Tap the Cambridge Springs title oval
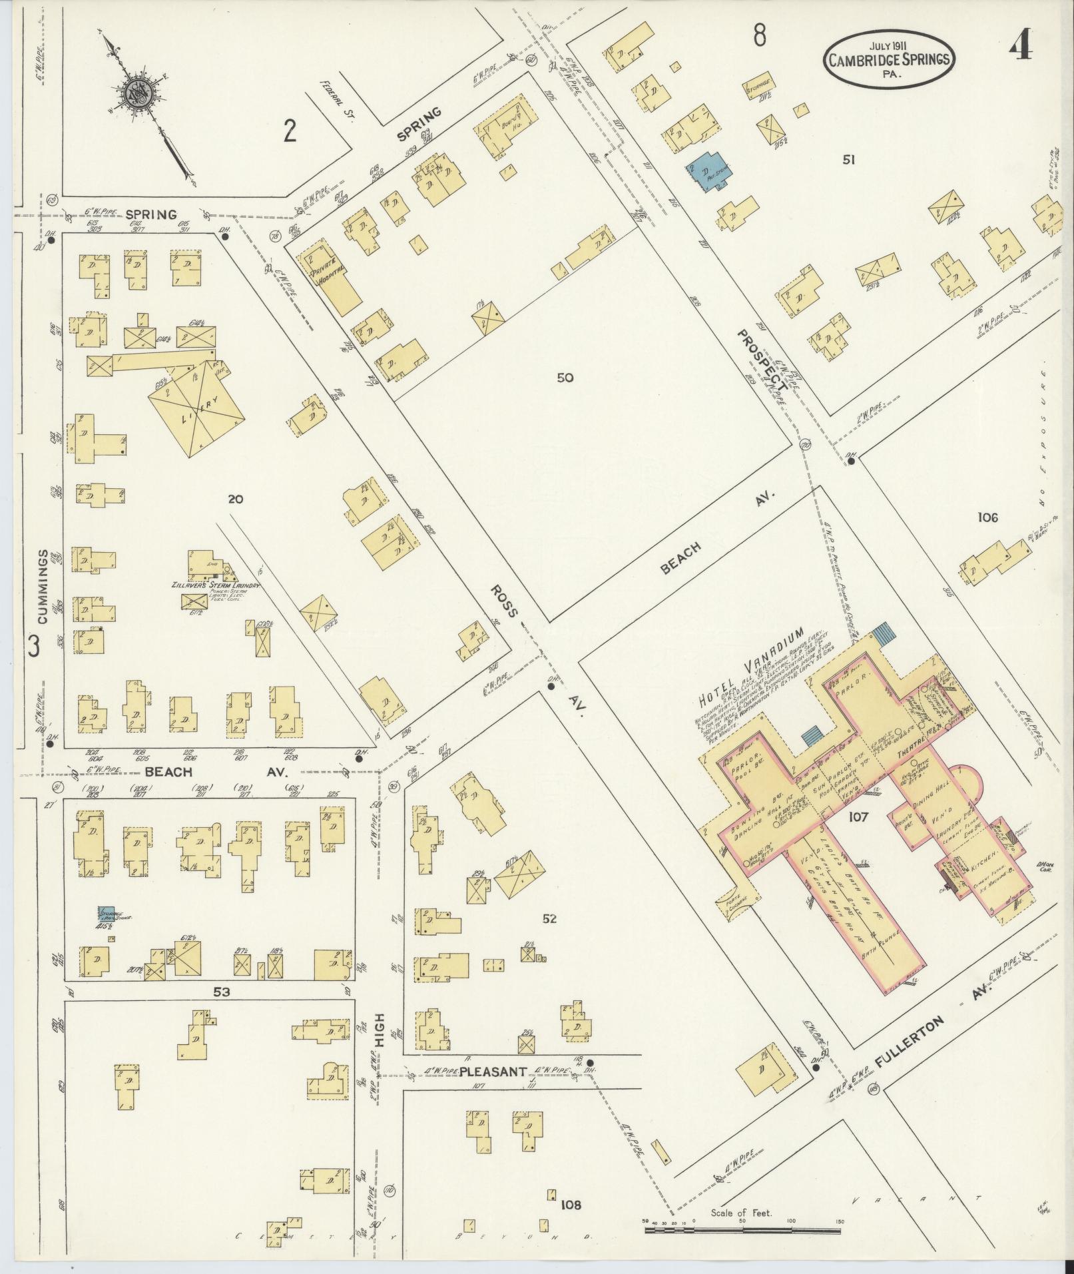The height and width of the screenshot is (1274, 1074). pos(888,59)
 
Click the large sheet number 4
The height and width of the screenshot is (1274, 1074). pos(1022,46)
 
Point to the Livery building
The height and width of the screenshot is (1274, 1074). pos(196,410)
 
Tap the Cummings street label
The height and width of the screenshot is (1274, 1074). pos(42,586)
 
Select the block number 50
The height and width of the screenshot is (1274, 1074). pos(565,378)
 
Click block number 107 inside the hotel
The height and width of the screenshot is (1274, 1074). pos(858,817)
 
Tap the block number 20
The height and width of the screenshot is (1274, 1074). pos(235,498)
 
